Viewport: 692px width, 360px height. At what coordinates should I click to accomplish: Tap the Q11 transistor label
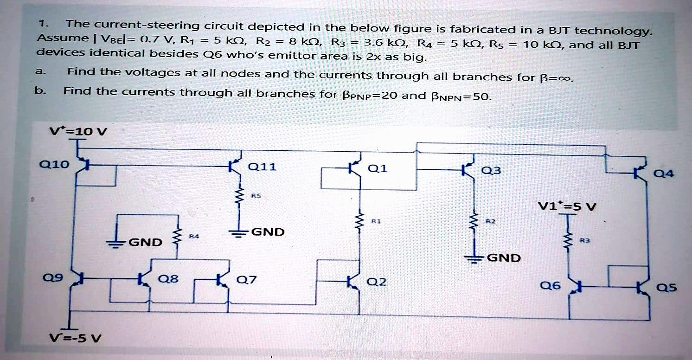click(x=263, y=167)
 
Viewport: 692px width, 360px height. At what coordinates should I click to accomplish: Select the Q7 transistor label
click(x=244, y=280)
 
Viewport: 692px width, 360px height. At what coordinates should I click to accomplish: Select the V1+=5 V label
click(x=567, y=206)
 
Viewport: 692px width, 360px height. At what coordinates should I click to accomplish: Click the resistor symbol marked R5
click(x=240, y=199)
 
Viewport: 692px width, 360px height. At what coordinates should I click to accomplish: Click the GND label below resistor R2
click(x=504, y=258)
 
